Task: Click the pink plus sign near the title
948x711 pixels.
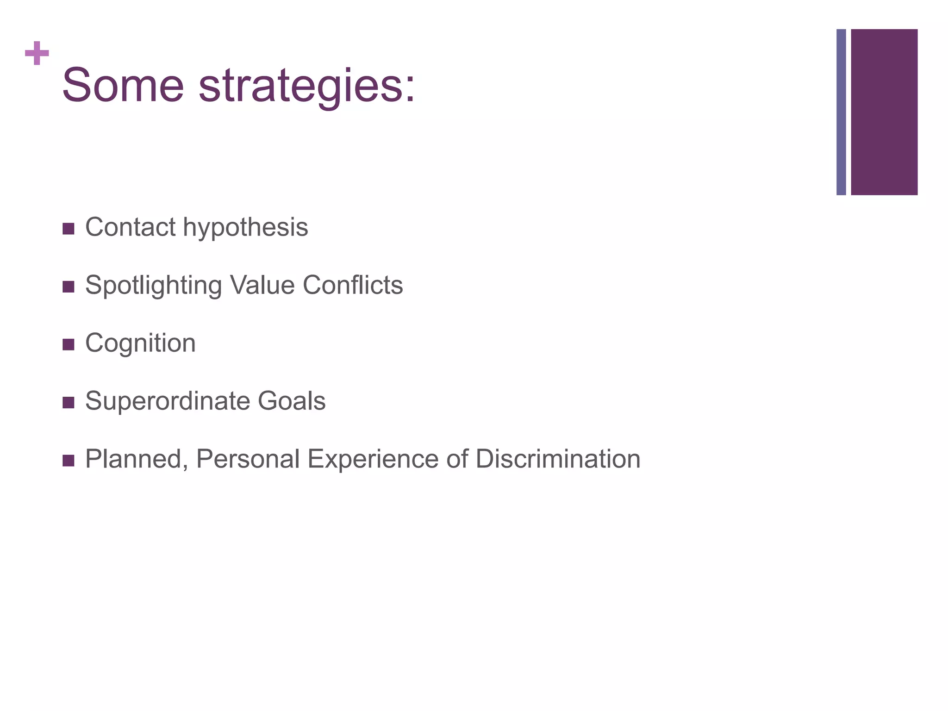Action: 37,54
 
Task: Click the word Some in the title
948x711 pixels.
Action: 123,86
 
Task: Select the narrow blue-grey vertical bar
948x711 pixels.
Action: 841,112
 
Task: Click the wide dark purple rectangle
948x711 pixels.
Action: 884,112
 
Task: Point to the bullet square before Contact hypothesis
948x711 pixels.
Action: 68,229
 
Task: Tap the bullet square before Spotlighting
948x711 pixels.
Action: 68,287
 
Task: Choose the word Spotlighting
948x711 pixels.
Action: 153,286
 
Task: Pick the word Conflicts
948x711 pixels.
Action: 353,285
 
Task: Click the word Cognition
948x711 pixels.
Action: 140,343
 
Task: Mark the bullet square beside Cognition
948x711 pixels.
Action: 68,344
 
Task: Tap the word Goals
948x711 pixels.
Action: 292,401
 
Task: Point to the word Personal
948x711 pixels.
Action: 248,459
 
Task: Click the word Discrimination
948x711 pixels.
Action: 557,459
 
